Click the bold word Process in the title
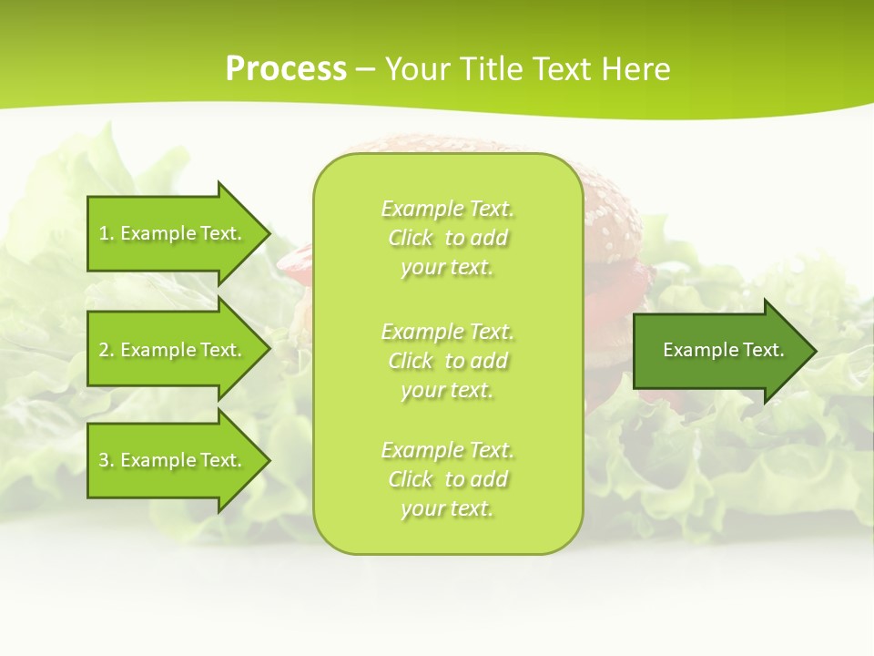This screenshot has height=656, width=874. (286, 69)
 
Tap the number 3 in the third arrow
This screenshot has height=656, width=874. (104, 460)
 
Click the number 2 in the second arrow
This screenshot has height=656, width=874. (104, 350)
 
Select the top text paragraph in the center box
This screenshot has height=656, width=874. (447, 238)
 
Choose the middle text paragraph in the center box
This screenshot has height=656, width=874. (447, 360)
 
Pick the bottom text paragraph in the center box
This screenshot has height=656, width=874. (447, 479)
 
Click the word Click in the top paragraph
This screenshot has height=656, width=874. (411, 238)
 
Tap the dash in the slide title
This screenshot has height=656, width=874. (366, 69)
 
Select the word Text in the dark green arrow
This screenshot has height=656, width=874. (763, 350)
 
